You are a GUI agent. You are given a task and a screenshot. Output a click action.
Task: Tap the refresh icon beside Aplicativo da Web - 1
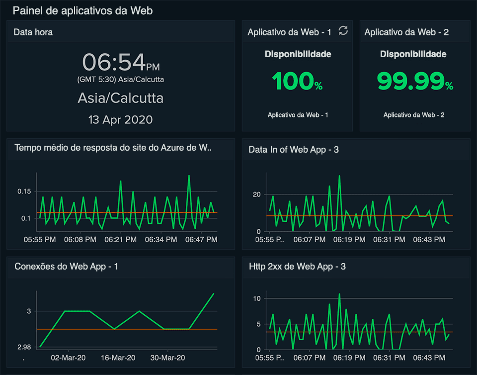click(x=343, y=31)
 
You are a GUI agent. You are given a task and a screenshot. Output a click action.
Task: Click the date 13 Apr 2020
click(x=120, y=120)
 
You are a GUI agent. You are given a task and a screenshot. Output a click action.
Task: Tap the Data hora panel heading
click(x=33, y=32)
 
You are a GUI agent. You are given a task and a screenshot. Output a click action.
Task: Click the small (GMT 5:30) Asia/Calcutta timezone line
click(x=120, y=80)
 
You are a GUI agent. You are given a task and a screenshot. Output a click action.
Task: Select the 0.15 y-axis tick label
click(x=24, y=191)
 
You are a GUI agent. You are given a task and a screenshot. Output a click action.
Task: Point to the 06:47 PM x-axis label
click(x=201, y=240)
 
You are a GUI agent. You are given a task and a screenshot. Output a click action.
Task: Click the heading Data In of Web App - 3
click(x=294, y=149)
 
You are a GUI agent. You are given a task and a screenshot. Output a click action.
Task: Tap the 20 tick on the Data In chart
click(x=257, y=194)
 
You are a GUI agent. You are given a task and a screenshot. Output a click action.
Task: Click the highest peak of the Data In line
click(x=339, y=176)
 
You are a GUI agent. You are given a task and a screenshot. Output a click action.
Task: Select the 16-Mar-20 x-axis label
click(x=117, y=358)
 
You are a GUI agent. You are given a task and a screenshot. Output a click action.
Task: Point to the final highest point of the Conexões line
click(x=214, y=293)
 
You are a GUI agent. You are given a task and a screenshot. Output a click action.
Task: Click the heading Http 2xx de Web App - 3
click(x=297, y=267)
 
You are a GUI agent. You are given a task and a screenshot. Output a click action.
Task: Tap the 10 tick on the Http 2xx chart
click(x=257, y=298)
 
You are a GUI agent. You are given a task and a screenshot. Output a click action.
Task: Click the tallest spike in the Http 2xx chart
click(x=339, y=294)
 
